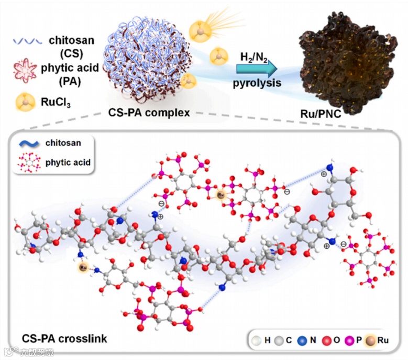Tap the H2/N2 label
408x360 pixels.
click(x=253, y=56)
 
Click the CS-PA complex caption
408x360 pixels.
click(x=149, y=111)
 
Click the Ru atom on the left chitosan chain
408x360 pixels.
click(x=83, y=267)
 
